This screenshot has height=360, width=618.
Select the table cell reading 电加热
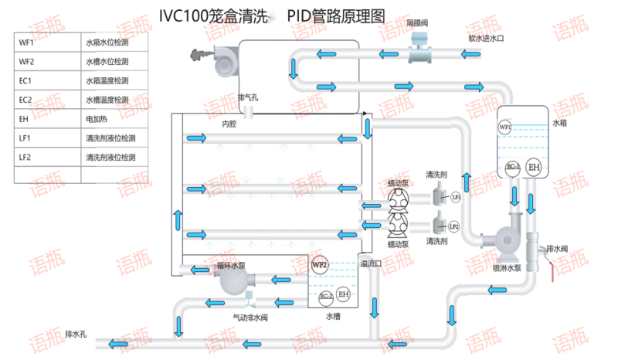(96, 119)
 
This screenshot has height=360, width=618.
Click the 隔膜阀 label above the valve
(419, 25)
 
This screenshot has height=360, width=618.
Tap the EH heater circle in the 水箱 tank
(533, 168)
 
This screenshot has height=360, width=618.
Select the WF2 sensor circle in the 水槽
(320, 265)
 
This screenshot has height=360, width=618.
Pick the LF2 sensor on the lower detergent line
(454, 226)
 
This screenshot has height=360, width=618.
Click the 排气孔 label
(248, 97)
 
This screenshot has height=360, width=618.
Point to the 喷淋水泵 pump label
(507, 268)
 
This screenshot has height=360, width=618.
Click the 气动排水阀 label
(250, 317)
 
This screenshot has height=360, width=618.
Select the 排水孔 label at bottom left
(75, 334)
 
